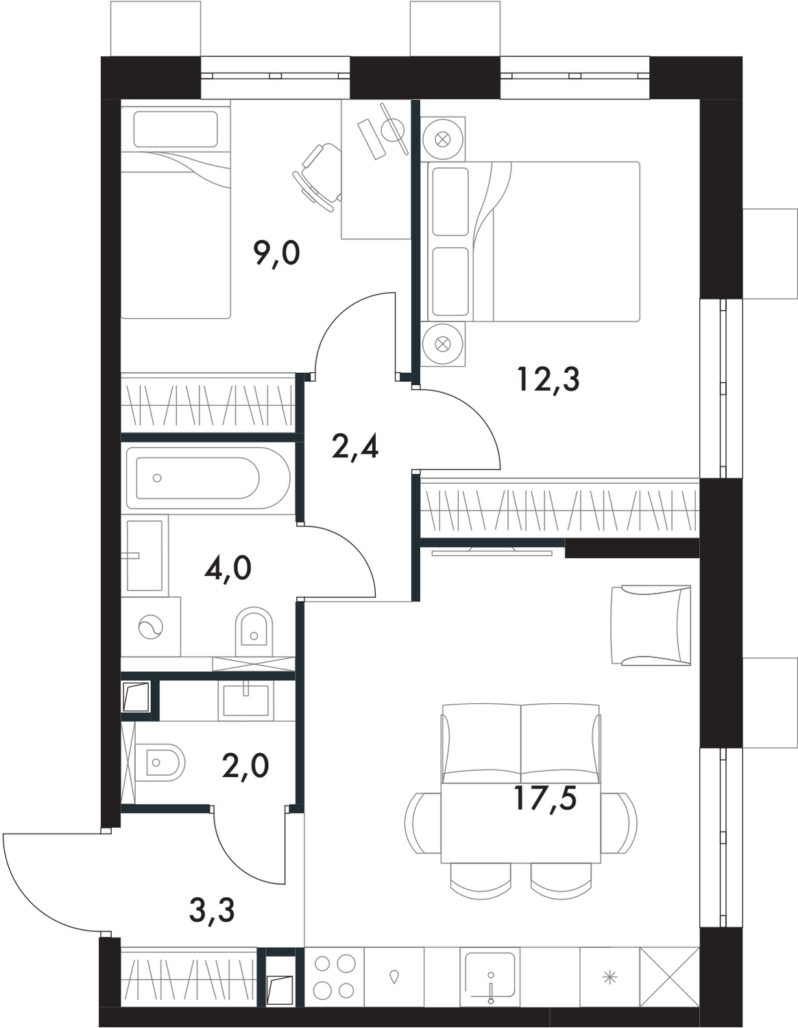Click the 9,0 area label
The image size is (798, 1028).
click(276, 254)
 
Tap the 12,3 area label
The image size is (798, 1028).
click(548, 379)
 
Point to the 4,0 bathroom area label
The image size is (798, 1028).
click(228, 568)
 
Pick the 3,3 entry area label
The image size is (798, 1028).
click(211, 911)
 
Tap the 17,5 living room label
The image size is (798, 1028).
click(545, 798)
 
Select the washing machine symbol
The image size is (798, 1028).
click(148, 627)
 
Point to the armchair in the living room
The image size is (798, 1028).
click(651, 624)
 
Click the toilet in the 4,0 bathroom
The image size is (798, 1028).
click(253, 631)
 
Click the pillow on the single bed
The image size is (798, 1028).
click(176, 130)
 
